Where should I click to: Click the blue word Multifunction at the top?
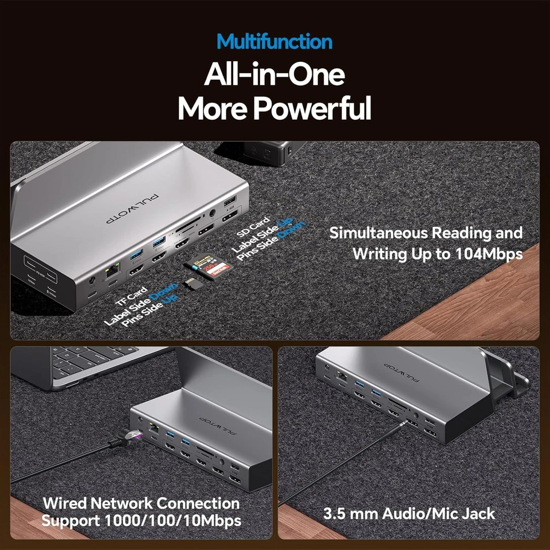[274, 42]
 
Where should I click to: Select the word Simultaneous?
[379, 233]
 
